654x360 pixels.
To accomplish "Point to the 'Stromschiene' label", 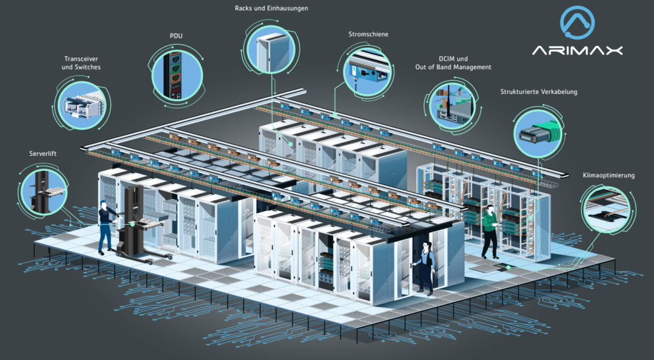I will [368, 34].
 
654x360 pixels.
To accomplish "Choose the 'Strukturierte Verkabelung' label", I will [538, 92].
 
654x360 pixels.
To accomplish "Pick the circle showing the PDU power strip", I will [174, 73].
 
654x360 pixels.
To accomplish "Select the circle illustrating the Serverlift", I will [45, 190].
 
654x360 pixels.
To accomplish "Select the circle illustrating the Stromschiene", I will [368, 70].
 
